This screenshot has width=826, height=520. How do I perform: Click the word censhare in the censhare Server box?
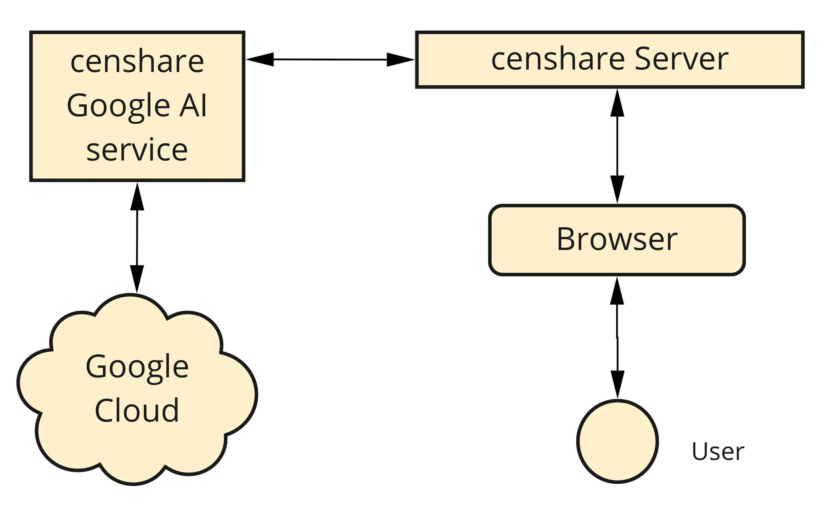click(558, 60)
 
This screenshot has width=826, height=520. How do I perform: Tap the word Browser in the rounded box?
click(617, 239)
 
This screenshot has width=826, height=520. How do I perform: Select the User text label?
click(718, 452)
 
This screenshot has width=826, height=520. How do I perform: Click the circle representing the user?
click(617, 441)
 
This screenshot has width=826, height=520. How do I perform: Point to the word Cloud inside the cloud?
click(137, 410)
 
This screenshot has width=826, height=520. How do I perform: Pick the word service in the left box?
click(137, 150)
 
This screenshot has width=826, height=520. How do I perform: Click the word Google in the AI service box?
click(118, 106)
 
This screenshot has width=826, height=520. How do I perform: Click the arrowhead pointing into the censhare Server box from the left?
click(400, 60)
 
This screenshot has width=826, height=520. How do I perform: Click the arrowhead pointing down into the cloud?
click(137, 279)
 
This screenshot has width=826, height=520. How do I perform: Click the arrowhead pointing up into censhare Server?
click(617, 103)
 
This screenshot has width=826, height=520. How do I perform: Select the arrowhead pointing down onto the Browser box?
click(617, 189)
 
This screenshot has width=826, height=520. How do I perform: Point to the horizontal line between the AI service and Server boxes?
click(330, 60)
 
